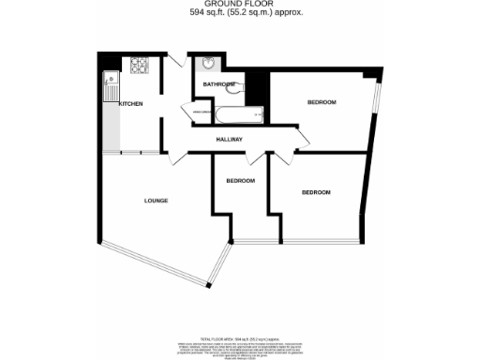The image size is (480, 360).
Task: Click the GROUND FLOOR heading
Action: coord(239,5)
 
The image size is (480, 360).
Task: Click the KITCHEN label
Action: coord(130,103)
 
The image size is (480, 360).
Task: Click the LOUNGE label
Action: coord(156,201)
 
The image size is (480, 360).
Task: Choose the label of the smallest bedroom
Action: coord(240,180)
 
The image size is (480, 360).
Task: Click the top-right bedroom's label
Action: coord(322,101)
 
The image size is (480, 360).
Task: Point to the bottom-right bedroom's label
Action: coord(316,192)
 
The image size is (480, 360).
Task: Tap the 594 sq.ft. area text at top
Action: coord(239,14)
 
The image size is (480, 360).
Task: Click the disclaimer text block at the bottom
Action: coord(239,344)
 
